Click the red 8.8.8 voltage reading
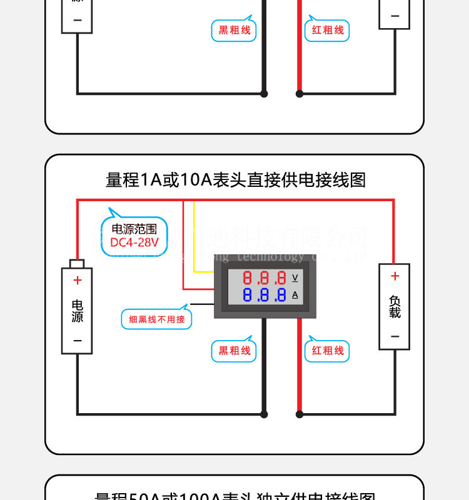pyautogui.click(x=265, y=278)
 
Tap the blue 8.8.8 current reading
pyautogui.click(x=265, y=294)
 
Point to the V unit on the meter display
pyautogui.click(x=295, y=277)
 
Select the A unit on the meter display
pyautogui.click(x=295, y=294)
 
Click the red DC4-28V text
pyautogui.click(x=134, y=242)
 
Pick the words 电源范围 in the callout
pyautogui.click(x=134, y=229)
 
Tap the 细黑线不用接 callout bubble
pyautogui.click(x=157, y=319)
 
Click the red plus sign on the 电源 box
pyautogui.click(x=78, y=280)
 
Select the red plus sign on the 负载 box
pyautogui.click(x=395, y=276)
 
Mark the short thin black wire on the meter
pyautogui.click(x=201, y=304)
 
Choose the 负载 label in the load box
pyautogui.click(x=395, y=306)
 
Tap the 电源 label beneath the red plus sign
pyautogui.click(x=78, y=311)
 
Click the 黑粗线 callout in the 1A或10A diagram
pyautogui.click(x=234, y=351)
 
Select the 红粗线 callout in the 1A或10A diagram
pyautogui.click(x=328, y=351)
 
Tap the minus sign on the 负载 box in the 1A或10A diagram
pyautogui.click(x=395, y=336)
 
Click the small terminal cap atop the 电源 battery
pyautogui.click(x=77, y=263)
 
